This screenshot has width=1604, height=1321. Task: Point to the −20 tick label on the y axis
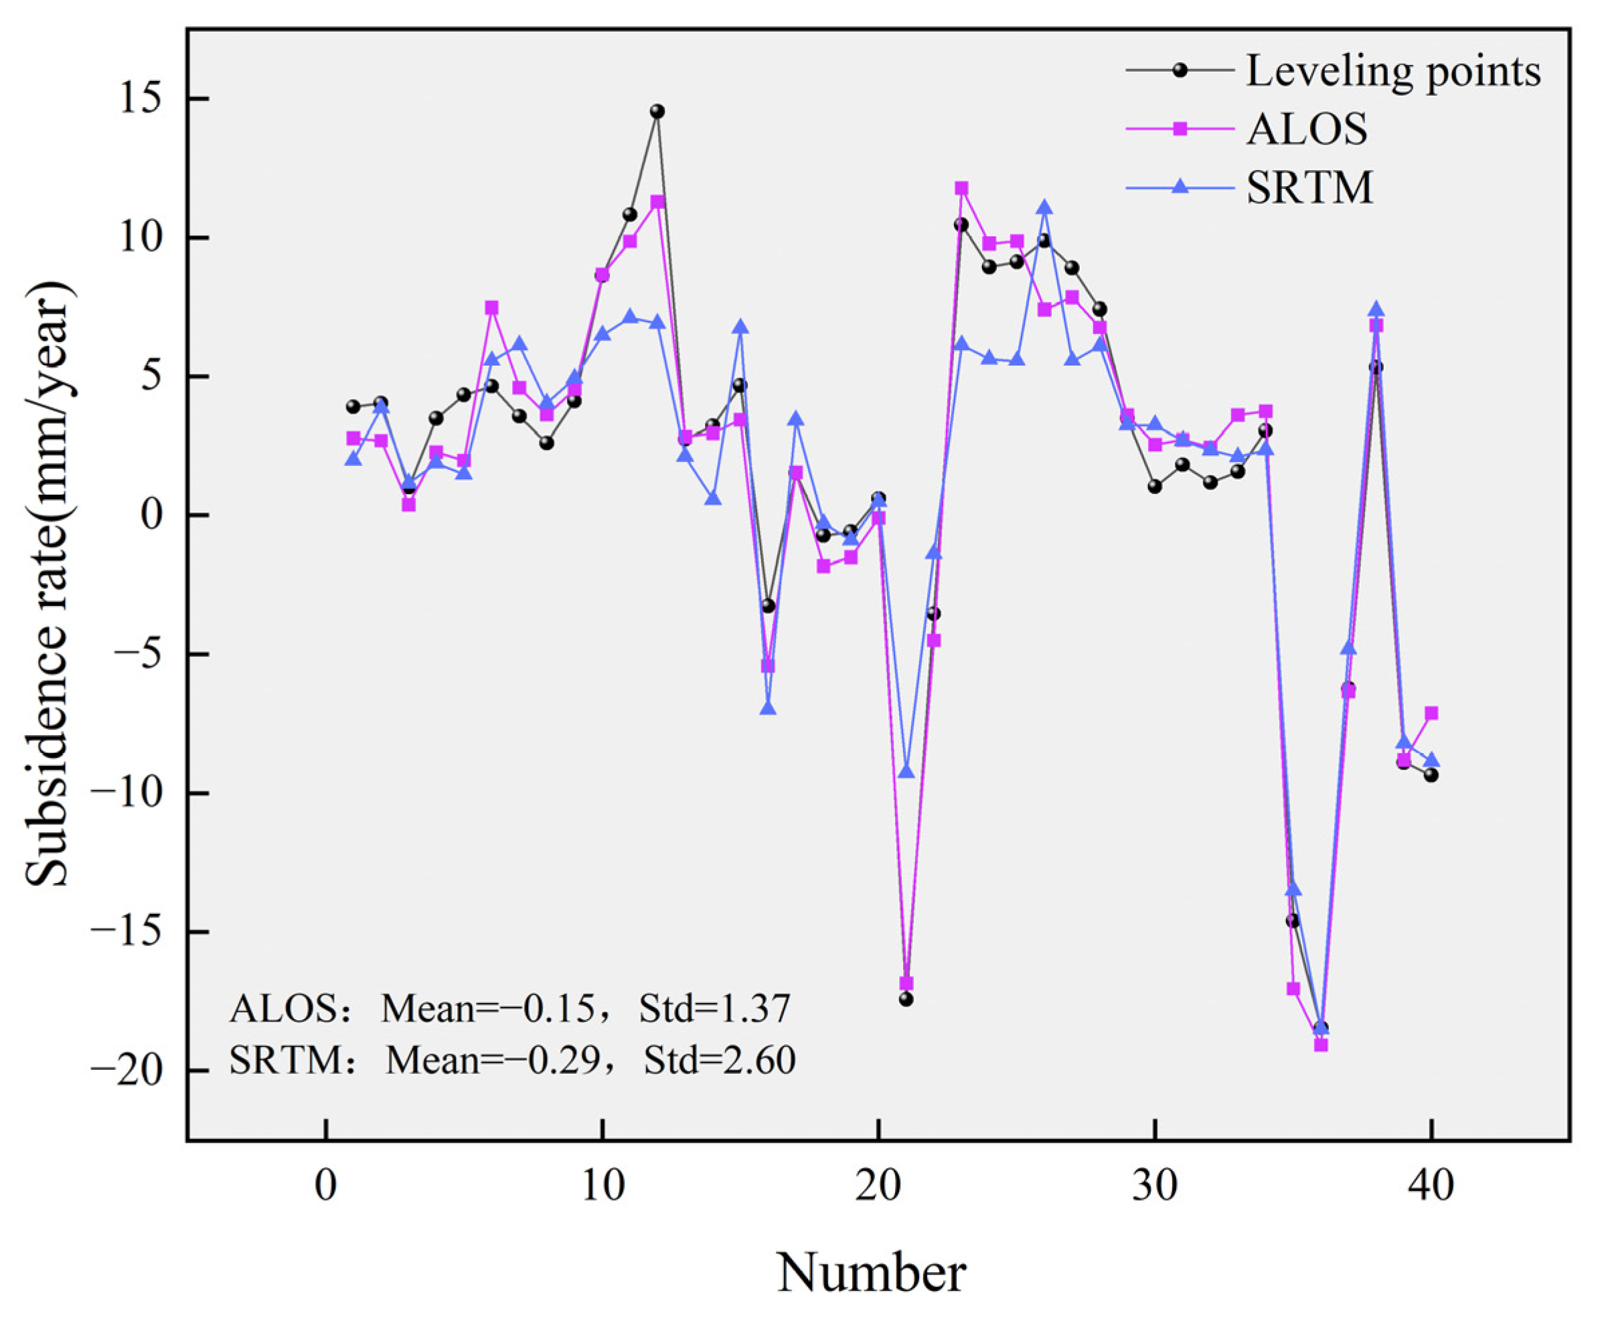pos(128,1070)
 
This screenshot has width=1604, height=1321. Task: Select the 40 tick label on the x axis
pos(1431,1186)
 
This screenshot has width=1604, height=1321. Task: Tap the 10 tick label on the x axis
pos(603,1186)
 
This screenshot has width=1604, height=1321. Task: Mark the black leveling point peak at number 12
pos(657,111)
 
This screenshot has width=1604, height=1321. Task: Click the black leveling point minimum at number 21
pos(906,999)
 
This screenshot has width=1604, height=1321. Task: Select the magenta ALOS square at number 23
pos(961,188)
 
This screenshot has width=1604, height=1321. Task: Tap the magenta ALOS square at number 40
pos(1431,713)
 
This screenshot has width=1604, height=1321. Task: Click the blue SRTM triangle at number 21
pos(906,771)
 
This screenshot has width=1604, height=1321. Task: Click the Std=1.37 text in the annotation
pos(714,1008)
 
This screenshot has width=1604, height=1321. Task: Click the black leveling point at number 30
pos(1154,486)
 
